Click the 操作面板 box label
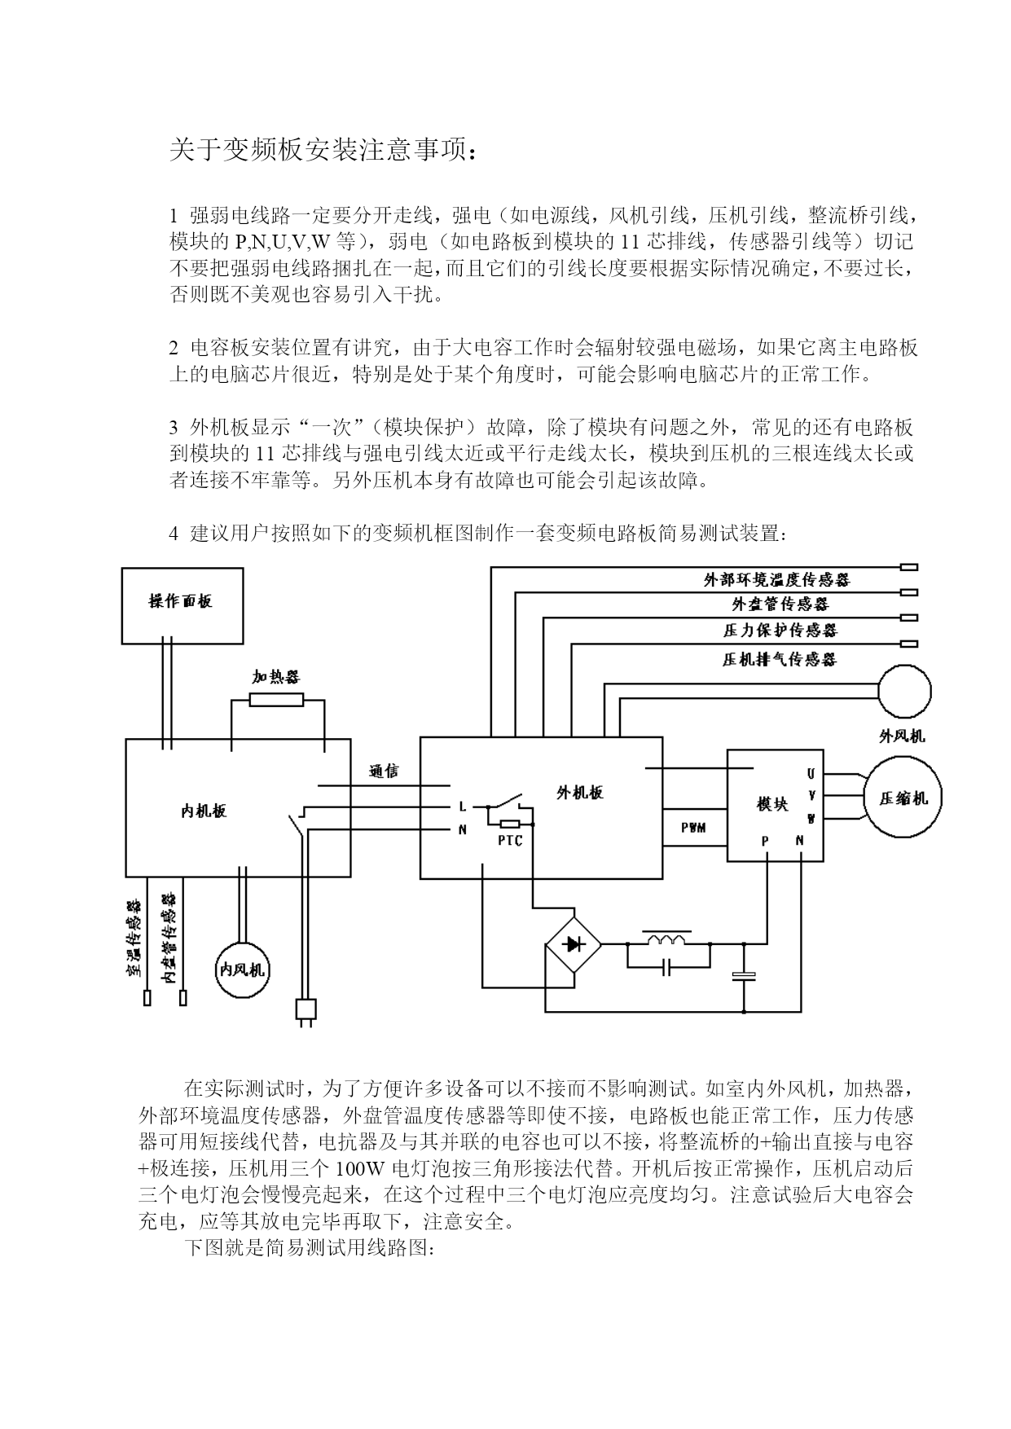coord(181,601)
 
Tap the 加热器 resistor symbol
coord(276,699)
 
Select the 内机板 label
coord(204,811)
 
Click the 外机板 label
coord(580,792)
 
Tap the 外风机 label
coord(902,736)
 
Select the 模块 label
coord(772,804)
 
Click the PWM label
coord(693,828)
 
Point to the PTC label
coord(510,841)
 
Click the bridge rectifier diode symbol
coord(574,944)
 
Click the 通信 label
coord(384,771)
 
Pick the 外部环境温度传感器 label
coord(777,580)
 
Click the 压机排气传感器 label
coord(780,659)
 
